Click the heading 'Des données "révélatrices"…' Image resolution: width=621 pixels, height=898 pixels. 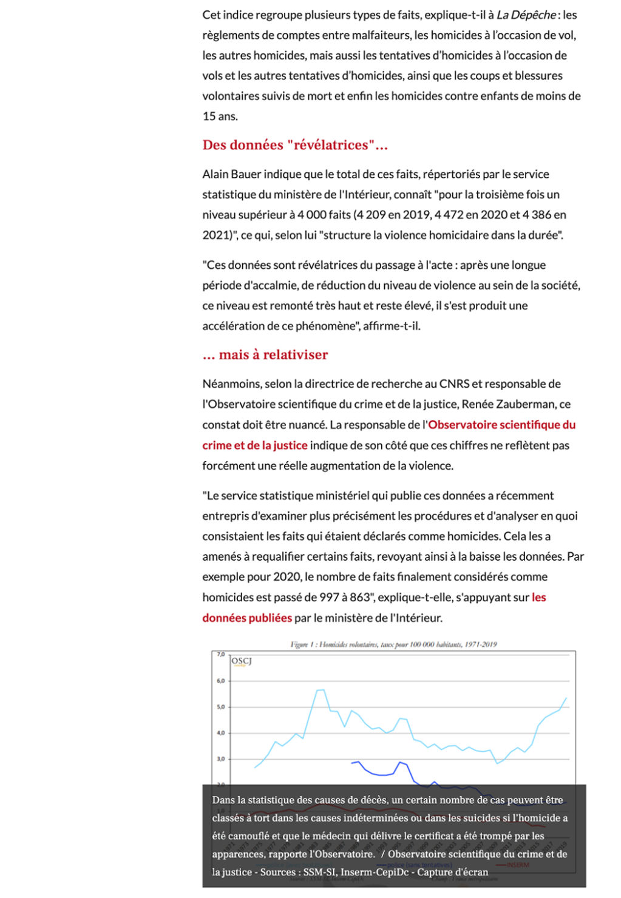coord(295,145)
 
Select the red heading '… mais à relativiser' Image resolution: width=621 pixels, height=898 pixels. coord(265,355)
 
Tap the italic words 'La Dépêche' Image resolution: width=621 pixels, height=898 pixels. coord(526,15)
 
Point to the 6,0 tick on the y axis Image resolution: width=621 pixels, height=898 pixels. coord(221,681)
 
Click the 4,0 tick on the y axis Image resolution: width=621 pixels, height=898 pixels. coord(221,733)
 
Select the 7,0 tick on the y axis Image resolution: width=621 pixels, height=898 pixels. coord(221,655)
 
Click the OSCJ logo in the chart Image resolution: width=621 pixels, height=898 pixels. coord(241,662)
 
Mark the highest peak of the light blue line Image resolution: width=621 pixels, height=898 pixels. coord(321,690)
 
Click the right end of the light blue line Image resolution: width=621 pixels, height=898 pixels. coord(566,698)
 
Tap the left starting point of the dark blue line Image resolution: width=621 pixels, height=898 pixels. coord(351,763)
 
